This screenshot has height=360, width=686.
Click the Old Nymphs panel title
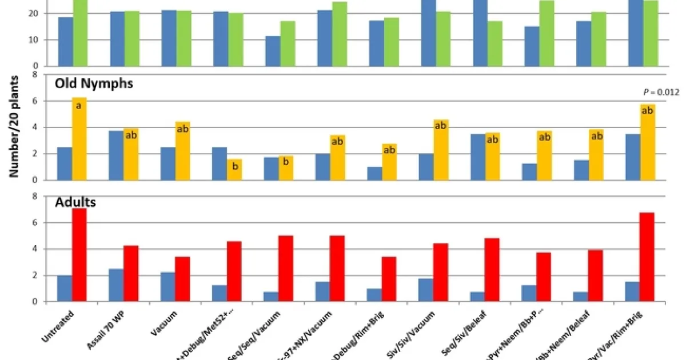pos(94,83)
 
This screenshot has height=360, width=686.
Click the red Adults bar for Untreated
pos(79,255)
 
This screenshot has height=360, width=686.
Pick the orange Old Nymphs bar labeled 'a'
pos(79,139)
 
